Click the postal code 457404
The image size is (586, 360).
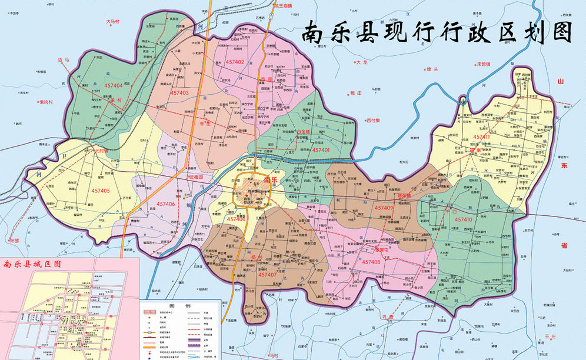(113, 85)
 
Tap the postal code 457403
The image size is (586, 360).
(179, 92)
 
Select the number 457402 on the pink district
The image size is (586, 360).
(231, 62)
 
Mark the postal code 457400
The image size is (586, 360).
(235, 219)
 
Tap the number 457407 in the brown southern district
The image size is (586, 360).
(267, 275)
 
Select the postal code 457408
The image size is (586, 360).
(372, 262)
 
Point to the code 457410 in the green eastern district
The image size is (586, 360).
(463, 219)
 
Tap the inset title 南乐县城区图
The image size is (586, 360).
(32, 264)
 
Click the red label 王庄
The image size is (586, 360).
(550, 336)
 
